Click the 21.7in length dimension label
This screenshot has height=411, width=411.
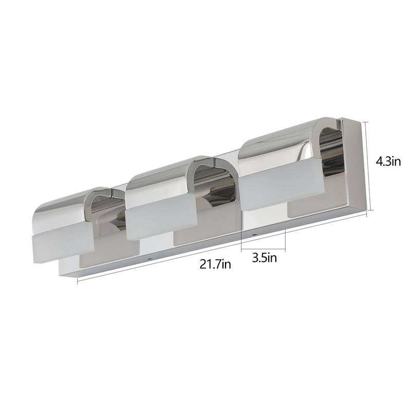pyautogui.click(x=215, y=265)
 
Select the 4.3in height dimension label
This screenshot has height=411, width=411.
pyautogui.click(x=387, y=162)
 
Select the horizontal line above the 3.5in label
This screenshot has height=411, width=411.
pyautogui.click(x=263, y=248)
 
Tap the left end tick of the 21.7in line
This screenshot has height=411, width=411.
pyautogui.click(x=78, y=281)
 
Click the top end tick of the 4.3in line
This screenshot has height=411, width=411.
pyautogui.click(x=367, y=121)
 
